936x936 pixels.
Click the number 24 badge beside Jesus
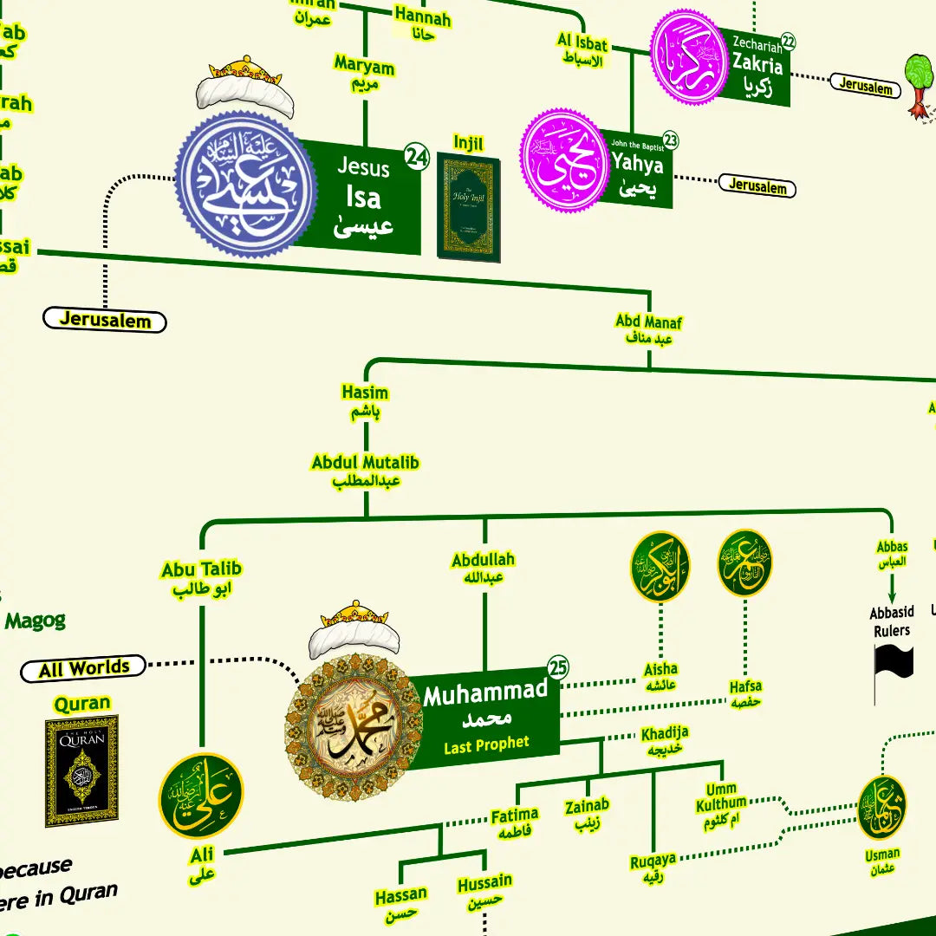(x=417, y=157)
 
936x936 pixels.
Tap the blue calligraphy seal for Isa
(x=245, y=185)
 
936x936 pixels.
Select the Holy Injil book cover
(x=469, y=207)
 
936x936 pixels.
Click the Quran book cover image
(x=81, y=770)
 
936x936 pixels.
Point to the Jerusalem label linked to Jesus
(x=104, y=320)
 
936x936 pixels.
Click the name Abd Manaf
(x=648, y=322)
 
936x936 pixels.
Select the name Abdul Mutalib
(x=365, y=463)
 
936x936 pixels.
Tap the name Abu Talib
(x=201, y=569)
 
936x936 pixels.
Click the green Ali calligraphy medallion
(x=201, y=796)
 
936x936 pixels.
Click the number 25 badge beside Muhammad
(x=558, y=667)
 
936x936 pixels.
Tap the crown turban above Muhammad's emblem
(x=354, y=628)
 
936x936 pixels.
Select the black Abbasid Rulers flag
(x=893, y=664)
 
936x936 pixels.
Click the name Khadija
(x=665, y=734)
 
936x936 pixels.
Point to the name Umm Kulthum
(x=721, y=796)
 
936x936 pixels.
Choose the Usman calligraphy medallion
(x=882, y=808)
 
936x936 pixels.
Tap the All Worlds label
(x=83, y=669)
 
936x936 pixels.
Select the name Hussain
(x=484, y=882)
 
